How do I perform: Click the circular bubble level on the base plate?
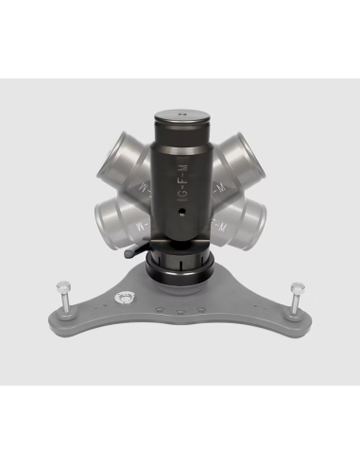tap(124, 299)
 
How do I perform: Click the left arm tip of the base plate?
tap(59, 314)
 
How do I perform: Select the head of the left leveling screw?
tap(64, 283)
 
